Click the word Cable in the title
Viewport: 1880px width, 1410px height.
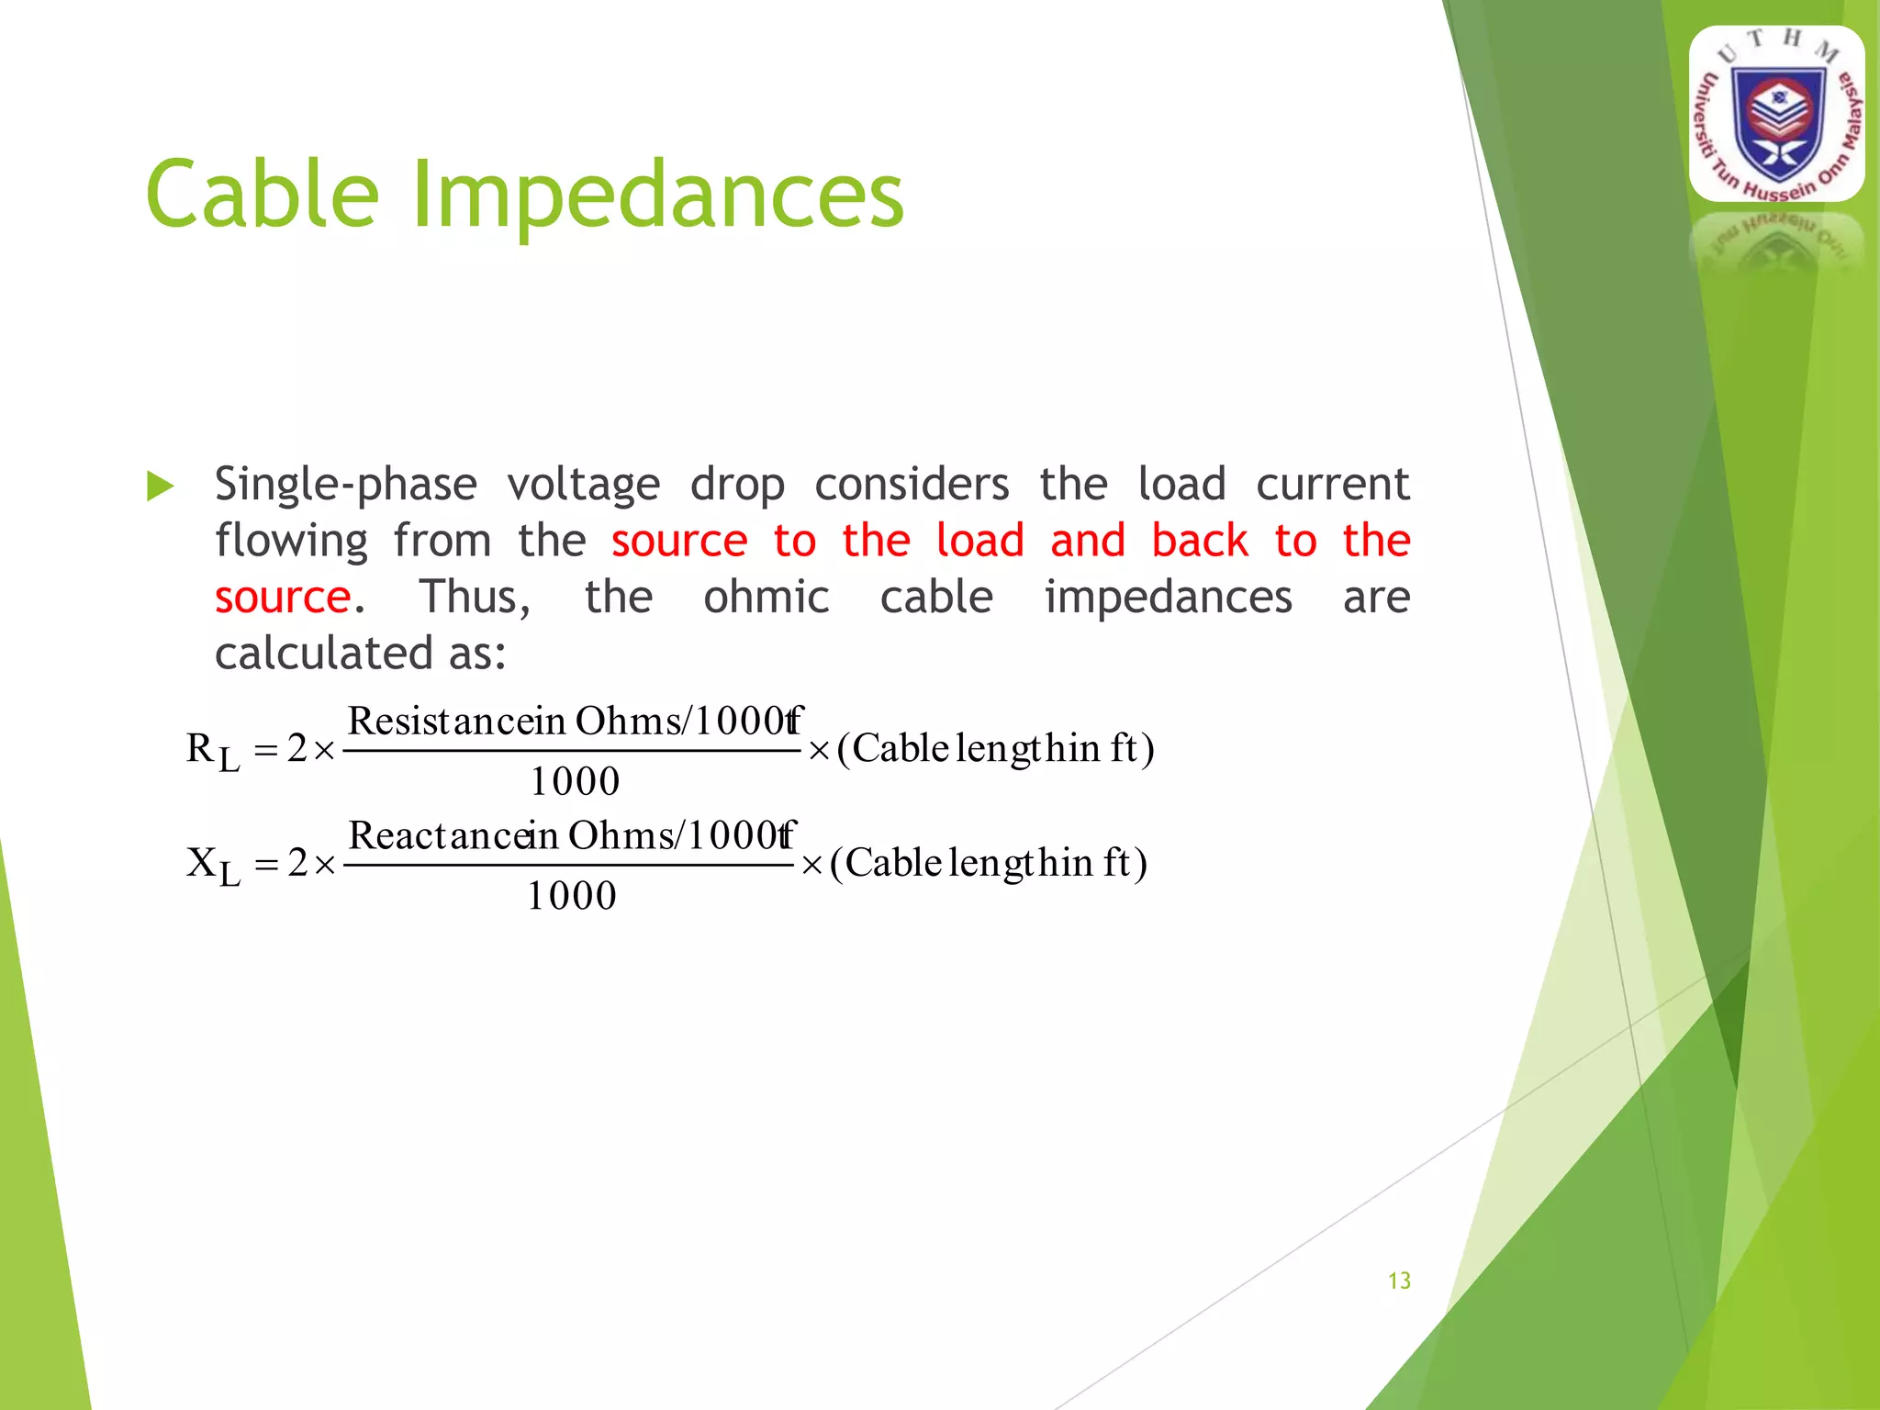point(263,195)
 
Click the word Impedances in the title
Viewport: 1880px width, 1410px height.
point(657,195)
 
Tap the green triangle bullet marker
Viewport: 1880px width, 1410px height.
point(160,487)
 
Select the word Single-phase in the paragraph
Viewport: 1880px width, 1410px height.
point(346,486)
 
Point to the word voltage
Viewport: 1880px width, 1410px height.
point(584,486)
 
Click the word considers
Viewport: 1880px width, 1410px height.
point(912,484)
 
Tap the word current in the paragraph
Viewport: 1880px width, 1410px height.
point(1332,484)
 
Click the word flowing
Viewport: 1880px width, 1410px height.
point(291,542)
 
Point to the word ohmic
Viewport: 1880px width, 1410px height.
point(767,598)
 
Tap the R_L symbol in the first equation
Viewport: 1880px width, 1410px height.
point(212,752)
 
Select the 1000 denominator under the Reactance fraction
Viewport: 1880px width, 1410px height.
point(571,896)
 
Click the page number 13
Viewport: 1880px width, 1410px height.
point(1399,1281)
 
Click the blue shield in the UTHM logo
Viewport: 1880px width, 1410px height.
point(1778,124)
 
